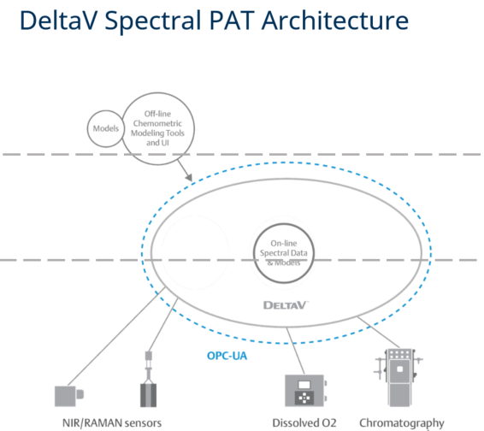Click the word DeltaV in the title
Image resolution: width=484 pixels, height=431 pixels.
tap(59, 21)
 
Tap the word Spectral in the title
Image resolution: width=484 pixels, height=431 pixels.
tap(153, 21)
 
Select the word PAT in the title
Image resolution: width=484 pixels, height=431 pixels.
tap(232, 21)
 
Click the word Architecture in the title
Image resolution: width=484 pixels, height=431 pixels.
tap(335, 21)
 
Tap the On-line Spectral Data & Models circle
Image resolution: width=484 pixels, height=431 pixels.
tap(284, 224)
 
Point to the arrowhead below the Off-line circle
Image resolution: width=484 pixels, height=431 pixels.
tap(189, 178)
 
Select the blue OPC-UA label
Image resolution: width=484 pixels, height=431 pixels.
tap(227, 356)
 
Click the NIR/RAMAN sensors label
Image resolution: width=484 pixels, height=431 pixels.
tap(112, 423)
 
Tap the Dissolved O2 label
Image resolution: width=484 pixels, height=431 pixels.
tap(304, 422)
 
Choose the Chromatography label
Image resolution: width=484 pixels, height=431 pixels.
tap(402, 423)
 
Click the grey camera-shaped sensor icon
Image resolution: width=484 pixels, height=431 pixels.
tap(68, 396)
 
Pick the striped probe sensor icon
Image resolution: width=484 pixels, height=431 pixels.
tap(149, 380)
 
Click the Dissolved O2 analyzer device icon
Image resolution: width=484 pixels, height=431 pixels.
tap(305, 391)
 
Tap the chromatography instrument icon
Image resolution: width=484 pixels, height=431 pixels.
tap(399, 378)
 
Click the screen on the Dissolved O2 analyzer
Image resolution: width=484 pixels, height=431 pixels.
tap(304, 385)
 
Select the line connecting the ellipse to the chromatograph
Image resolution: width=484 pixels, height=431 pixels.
tap(379, 332)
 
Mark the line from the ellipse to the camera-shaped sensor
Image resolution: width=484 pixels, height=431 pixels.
tap(116, 336)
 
